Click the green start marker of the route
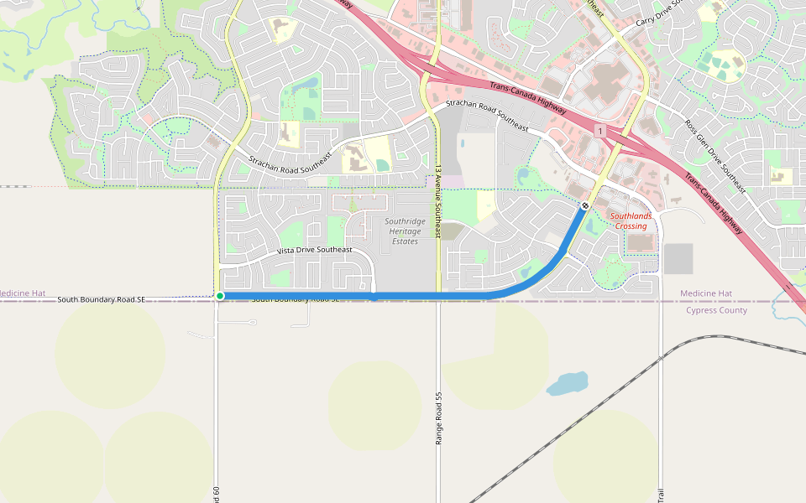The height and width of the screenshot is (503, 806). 220,296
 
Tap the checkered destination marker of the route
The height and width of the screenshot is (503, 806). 584,205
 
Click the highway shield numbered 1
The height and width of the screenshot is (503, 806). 600,132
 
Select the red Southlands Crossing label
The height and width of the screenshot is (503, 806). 631,221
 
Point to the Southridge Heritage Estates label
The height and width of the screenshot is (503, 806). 405,231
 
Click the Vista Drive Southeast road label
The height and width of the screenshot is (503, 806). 315,250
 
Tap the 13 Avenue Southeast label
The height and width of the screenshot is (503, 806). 437,201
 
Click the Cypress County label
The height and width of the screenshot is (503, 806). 716,310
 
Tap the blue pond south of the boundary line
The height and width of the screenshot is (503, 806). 568,384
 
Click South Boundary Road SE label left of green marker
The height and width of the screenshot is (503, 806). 102,299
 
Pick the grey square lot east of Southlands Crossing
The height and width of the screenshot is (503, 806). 678,258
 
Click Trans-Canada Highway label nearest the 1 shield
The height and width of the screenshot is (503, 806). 527,99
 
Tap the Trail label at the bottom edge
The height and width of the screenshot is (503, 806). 661,495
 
